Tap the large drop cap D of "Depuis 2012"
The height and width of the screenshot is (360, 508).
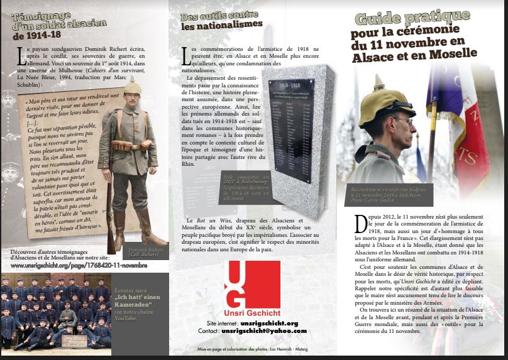tap(361, 224)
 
